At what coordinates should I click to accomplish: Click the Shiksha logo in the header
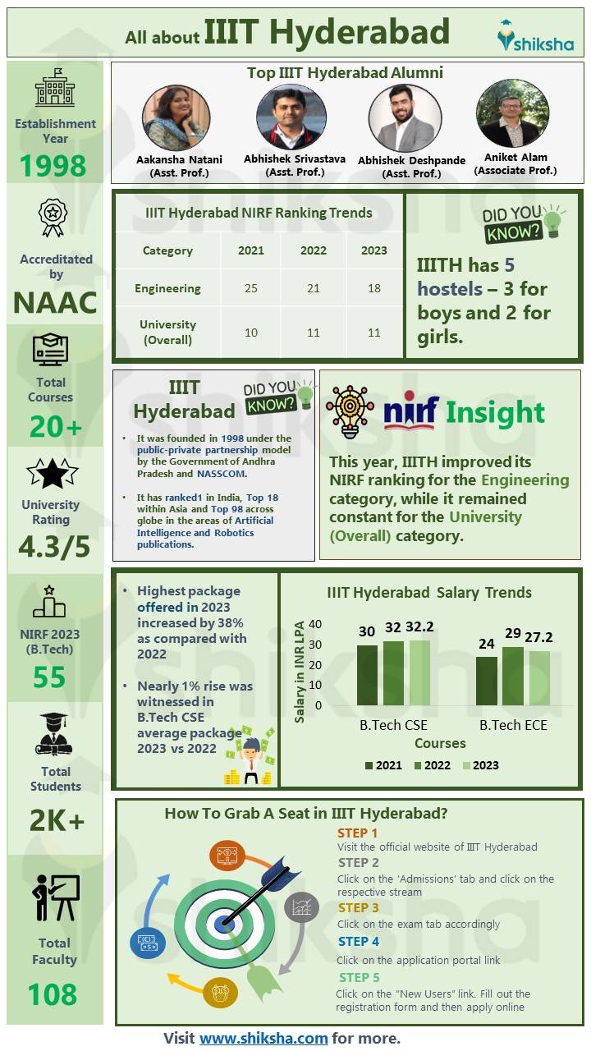pos(535,36)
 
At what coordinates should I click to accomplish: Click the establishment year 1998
pos(53,166)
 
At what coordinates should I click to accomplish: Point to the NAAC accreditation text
pos(55,302)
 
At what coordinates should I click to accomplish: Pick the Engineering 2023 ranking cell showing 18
pos(373,288)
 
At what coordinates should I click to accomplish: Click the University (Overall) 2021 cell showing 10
pos(250,332)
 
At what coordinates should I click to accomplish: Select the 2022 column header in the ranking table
pos(313,250)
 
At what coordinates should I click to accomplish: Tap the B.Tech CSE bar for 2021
pos(367,675)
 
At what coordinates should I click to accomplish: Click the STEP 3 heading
pos(358,907)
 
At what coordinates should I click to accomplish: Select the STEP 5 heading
pos(359,977)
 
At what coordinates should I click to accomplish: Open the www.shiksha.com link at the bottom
pos(263,1038)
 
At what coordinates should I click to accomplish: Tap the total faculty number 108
pos(53,994)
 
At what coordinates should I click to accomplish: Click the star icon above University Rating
pos(53,474)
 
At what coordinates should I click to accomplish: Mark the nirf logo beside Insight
pos(410,411)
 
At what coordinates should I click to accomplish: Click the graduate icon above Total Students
pos(54,734)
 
